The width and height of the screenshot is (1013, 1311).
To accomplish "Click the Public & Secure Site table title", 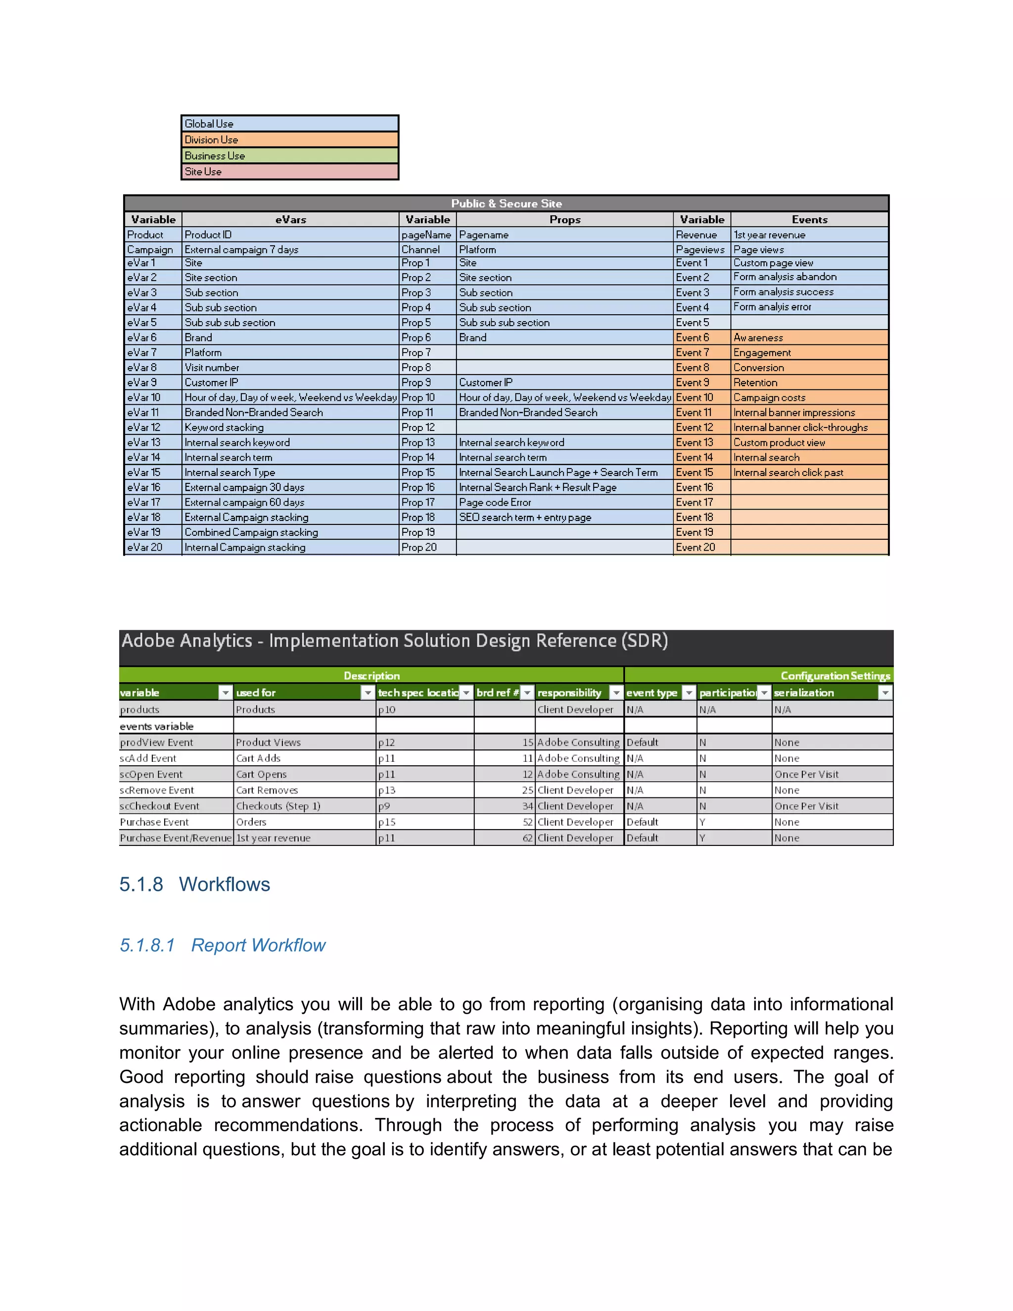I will click(x=506, y=203).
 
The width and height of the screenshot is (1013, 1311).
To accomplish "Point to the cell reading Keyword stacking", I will click(x=224, y=427).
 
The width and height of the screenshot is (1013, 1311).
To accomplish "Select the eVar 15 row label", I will click(x=144, y=472).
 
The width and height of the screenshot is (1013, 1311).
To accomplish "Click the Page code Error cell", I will click(x=495, y=503).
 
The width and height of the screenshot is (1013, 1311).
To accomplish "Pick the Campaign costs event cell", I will click(x=769, y=397).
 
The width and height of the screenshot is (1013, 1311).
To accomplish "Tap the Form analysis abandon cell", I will click(x=784, y=277).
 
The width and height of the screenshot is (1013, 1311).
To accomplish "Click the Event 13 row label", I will click(x=694, y=442).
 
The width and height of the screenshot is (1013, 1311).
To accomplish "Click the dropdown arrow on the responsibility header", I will click(x=616, y=693).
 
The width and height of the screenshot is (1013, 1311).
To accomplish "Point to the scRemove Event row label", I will click(x=157, y=791).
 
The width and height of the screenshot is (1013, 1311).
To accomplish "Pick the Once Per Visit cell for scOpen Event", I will click(x=806, y=774).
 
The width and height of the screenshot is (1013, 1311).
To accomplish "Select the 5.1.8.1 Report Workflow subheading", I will click(x=222, y=945).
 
